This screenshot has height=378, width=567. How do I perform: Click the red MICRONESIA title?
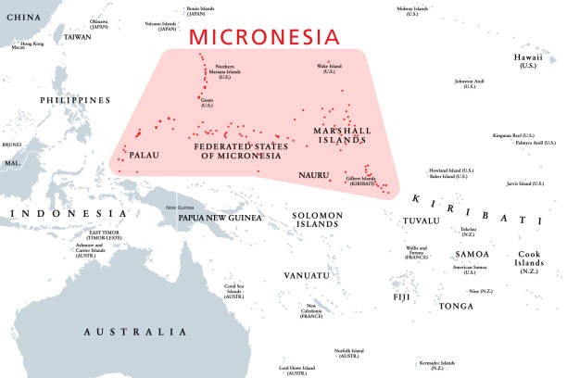coord(263,37)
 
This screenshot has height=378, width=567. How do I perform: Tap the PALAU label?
coord(148,156)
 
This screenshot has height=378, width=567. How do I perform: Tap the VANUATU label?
coord(307,275)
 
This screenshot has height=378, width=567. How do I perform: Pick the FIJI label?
coord(400,296)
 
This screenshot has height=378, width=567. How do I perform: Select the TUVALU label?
coord(422,220)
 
